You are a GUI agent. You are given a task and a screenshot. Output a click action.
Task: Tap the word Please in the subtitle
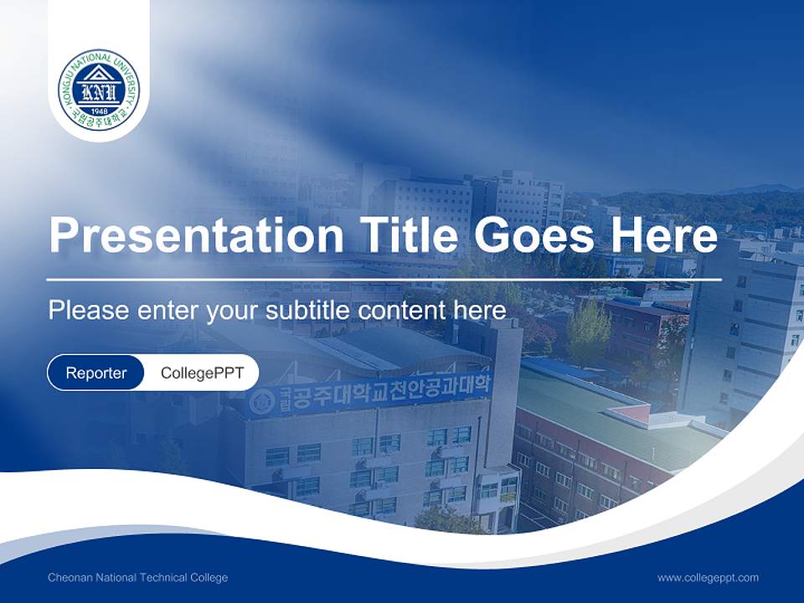87,310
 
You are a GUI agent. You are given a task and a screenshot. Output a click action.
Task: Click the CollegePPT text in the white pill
202,373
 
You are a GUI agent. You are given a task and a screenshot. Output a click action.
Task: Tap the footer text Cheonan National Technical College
137,577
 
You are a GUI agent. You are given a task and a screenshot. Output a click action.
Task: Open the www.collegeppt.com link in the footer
708,577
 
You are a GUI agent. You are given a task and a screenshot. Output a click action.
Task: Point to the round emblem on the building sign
262,402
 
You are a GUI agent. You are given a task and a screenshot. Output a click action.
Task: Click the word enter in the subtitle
160,310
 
